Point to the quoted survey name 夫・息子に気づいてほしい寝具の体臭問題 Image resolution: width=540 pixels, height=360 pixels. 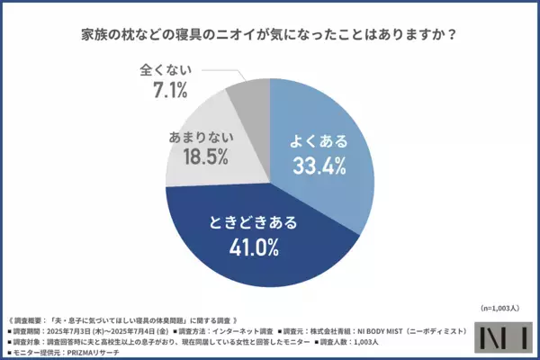(134, 317)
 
